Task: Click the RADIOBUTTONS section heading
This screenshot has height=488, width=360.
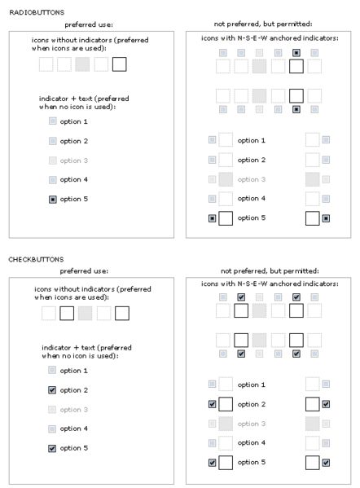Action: [x=37, y=12]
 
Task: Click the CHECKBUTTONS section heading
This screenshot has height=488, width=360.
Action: [x=36, y=259]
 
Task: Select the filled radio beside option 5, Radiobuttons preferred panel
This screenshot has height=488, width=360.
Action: [x=53, y=199]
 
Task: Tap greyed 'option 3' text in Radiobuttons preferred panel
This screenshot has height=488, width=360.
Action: [x=74, y=160]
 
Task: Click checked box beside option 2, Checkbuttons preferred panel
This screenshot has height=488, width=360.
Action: [x=52, y=390]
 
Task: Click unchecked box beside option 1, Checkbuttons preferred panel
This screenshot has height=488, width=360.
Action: [x=52, y=370]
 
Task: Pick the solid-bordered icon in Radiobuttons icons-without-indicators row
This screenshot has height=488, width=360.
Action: [x=119, y=64]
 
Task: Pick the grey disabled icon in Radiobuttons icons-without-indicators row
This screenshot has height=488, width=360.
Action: [x=82, y=64]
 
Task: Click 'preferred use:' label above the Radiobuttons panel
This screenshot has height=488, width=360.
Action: [x=89, y=24]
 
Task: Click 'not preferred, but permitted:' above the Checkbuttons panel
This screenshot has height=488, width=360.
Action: [x=270, y=270]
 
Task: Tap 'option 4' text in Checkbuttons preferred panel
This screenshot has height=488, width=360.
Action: [x=74, y=429]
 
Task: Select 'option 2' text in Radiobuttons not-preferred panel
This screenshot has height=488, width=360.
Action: [x=252, y=160]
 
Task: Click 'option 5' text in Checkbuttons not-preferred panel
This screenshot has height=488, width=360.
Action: [x=252, y=462]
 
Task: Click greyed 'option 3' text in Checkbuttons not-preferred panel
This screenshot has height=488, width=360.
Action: [x=252, y=424]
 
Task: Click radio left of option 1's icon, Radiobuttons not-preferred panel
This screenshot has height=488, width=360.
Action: [x=213, y=140]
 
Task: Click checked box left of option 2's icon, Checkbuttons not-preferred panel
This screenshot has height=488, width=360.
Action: [x=213, y=404]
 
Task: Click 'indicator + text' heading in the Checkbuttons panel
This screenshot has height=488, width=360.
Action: [x=69, y=348]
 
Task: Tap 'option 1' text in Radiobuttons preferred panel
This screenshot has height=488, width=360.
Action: [x=74, y=121]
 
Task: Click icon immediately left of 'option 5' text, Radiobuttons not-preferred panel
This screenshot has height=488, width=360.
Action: [x=226, y=218]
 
